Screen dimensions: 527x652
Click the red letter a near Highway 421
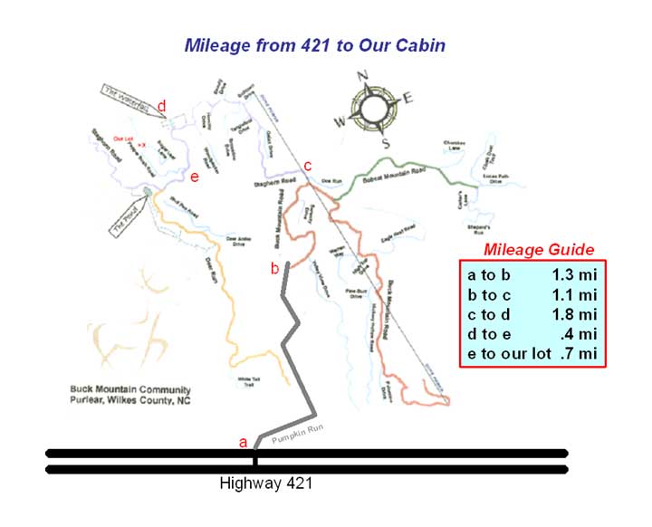[242, 442]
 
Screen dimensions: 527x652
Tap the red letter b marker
[274, 268]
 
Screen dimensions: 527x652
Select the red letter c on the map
[307, 166]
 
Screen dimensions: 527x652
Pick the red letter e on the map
[194, 177]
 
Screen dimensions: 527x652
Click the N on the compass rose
[363, 76]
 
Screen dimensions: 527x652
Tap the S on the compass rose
[384, 143]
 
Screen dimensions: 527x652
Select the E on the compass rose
[407, 99]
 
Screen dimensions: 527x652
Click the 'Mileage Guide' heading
[539, 250]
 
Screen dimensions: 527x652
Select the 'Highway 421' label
[266, 484]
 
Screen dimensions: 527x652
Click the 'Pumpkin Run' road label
[296, 433]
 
